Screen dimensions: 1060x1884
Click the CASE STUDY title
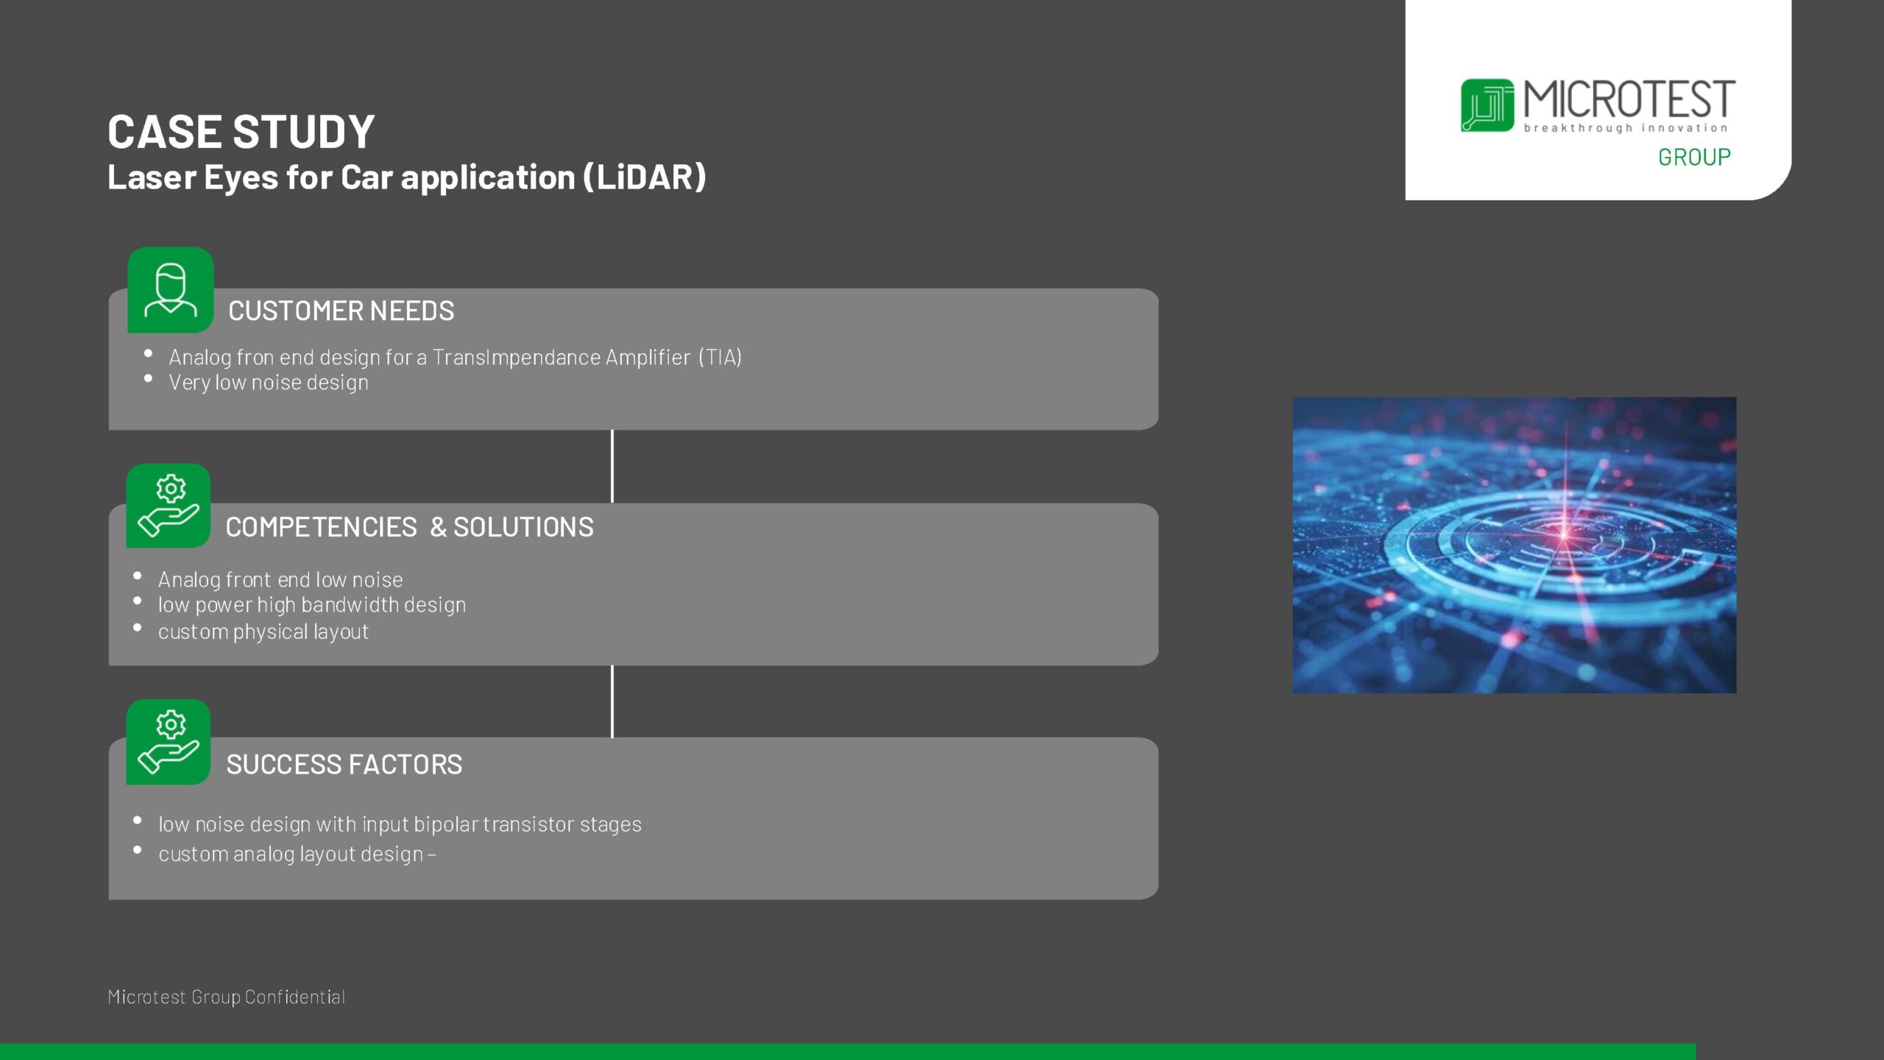pos(241,132)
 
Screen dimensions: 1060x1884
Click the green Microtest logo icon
pos(1487,105)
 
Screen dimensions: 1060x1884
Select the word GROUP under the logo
pos(1693,157)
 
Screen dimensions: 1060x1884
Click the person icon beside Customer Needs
pos(170,290)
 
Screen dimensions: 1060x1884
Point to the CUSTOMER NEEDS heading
pos(341,311)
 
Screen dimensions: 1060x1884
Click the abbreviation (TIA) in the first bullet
pos(720,358)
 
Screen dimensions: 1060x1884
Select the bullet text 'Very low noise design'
pos(269,383)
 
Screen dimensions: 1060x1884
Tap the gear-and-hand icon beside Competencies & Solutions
pos(169,506)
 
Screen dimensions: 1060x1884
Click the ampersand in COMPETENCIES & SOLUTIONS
pos(438,527)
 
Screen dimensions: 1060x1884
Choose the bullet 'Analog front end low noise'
pos(280,580)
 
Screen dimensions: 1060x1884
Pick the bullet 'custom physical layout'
pos(263,632)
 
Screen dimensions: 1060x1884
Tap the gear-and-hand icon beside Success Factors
pos(169,742)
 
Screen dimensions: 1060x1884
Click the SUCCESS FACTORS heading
pos(344,765)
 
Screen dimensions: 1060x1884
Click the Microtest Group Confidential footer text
pos(226,997)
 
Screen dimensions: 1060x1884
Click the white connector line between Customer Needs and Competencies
pos(612,467)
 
